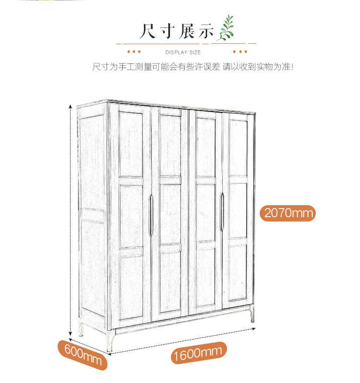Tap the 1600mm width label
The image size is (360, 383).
(197, 354)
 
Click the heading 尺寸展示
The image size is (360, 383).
(176, 31)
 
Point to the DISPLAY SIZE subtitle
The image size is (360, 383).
(183, 52)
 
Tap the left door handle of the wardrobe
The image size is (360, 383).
(151, 215)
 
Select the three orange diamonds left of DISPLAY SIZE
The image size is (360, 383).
(133, 51)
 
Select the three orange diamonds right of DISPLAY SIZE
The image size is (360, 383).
(240, 51)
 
